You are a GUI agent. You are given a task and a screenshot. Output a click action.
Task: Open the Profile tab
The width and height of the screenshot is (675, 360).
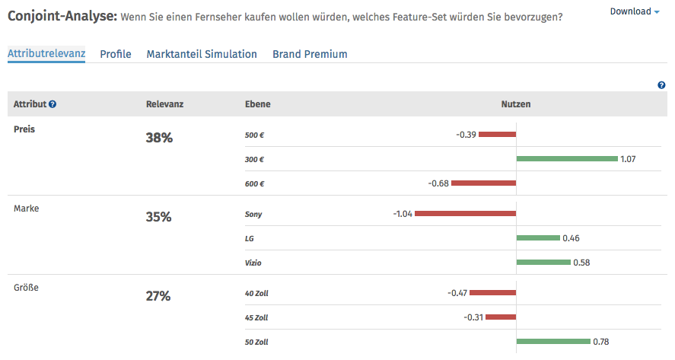point(116,54)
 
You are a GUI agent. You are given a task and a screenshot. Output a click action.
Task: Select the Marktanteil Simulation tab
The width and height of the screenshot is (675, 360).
point(202,54)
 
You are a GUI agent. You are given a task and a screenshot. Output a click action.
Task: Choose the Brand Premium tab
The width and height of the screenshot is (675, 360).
point(310,54)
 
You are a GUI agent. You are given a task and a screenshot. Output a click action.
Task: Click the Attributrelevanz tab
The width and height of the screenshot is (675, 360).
point(46,54)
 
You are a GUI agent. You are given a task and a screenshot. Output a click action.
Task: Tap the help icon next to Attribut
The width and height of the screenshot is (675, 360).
point(53,104)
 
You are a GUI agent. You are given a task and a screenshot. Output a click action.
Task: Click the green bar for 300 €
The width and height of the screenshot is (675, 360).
point(566,159)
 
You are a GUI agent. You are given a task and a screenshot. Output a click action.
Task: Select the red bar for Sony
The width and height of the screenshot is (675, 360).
point(466,214)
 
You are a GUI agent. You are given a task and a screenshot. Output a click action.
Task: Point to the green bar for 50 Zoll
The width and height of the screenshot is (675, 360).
point(553,342)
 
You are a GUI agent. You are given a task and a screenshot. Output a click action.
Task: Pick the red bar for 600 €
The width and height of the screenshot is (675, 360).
point(484,183)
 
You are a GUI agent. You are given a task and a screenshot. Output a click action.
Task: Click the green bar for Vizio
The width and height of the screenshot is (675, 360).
point(543,263)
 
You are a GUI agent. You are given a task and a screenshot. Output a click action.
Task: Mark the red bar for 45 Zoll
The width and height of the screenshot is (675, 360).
point(501,317)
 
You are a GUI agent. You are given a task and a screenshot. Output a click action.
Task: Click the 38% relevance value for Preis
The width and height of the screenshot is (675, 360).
point(158,138)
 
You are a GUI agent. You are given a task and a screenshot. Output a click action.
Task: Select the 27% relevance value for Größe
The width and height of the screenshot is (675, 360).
point(158,296)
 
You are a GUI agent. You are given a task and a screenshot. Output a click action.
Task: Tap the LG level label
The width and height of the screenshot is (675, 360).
point(250,238)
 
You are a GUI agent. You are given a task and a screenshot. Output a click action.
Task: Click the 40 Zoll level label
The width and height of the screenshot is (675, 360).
point(256,293)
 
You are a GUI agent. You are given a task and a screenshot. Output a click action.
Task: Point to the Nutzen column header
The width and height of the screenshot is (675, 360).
point(515,104)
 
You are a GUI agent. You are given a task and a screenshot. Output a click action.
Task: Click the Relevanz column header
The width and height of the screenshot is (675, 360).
point(164,104)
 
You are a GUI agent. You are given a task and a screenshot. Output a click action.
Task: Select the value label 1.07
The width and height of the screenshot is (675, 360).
point(628,159)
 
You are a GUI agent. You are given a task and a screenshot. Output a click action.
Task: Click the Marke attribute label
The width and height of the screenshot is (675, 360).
point(26,209)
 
